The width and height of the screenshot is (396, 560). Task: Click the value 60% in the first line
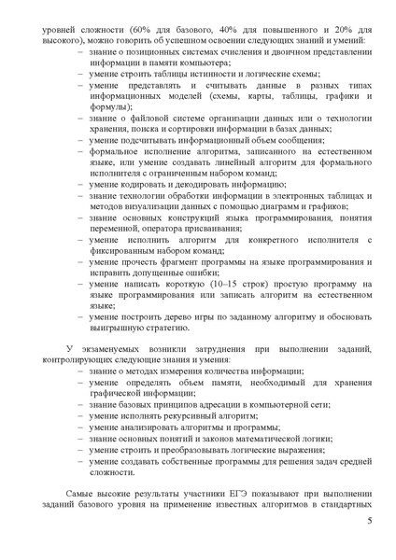click(144, 30)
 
